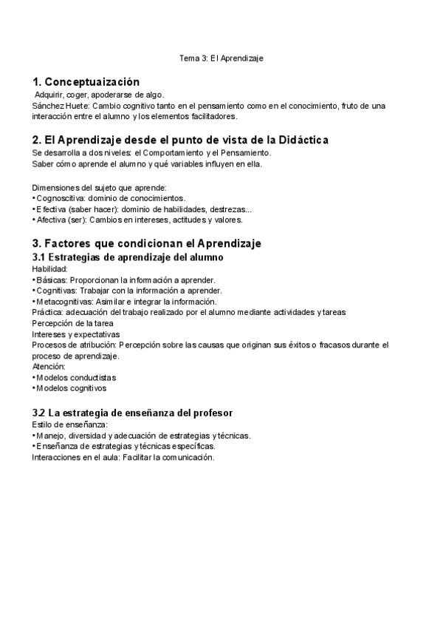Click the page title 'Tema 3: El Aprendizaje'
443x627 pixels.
click(222, 57)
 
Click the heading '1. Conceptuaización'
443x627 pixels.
click(86, 82)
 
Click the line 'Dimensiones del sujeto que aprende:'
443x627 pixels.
click(100, 187)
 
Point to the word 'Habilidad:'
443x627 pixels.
click(49, 268)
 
